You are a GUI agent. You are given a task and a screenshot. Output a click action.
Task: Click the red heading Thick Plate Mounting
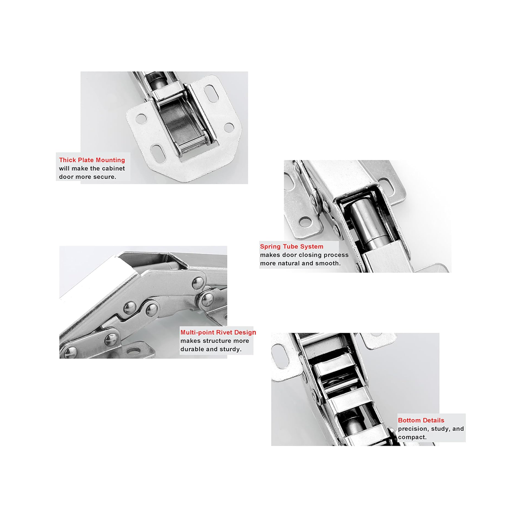92,160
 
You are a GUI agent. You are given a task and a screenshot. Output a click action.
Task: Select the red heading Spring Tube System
292,247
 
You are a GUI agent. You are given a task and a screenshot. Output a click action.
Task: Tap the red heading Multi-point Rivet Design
218,332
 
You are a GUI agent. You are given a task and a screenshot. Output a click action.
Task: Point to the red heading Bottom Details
421,420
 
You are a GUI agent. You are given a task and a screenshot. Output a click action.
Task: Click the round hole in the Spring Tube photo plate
305,221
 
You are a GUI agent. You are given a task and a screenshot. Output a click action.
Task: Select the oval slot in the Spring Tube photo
385,186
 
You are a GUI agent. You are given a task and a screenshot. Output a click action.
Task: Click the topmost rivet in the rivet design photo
198,283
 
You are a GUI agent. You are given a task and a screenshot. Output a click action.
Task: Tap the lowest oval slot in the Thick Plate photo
158,152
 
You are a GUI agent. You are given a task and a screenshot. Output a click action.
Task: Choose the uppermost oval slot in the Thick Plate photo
211,93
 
